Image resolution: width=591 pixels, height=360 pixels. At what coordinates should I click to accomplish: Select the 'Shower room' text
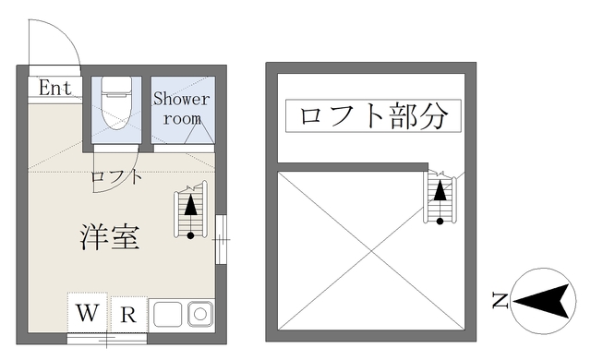pos(181,108)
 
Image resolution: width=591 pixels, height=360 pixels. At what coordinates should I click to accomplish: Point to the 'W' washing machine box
pos(88,313)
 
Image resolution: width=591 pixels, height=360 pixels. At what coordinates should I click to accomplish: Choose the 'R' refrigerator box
pos(128,314)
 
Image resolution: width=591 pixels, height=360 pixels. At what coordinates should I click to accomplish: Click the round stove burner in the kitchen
pos(200,314)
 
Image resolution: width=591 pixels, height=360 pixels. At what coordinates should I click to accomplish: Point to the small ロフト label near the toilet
pos(116,176)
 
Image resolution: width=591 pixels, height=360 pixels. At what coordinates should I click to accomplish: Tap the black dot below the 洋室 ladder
pos(191,235)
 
